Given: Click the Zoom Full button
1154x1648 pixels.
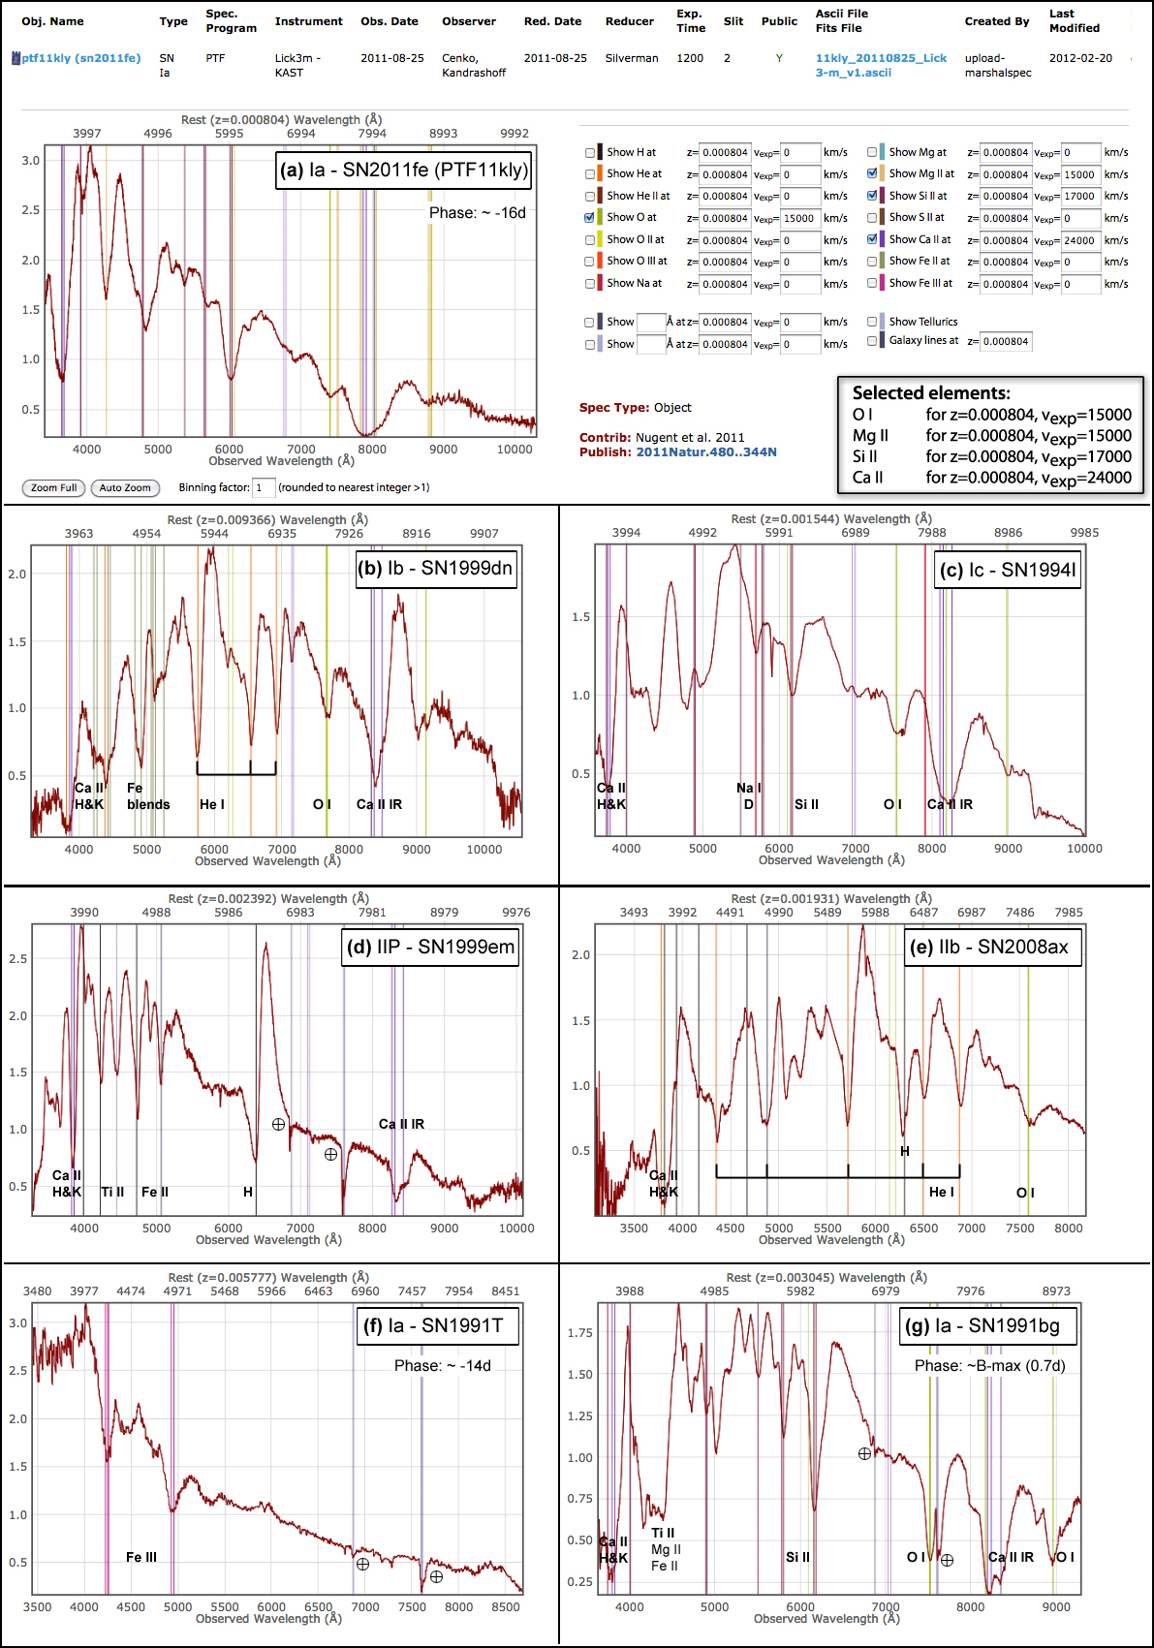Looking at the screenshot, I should tap(53, 487).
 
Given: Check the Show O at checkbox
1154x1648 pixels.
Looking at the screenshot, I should tap(590, 218).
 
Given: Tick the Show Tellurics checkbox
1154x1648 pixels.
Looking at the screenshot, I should tap(872, 322).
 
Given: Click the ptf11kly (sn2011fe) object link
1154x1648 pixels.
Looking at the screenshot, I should tap(81, 58).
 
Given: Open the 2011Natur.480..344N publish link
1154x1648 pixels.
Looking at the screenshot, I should tap(706, 452).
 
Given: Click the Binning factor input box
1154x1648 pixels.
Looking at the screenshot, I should tap(263, 487).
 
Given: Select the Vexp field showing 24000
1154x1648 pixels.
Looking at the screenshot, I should tap(1080, 240).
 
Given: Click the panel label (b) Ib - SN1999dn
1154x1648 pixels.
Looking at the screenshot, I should tap(435, 569).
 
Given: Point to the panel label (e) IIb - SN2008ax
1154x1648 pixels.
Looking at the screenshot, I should tap(993, 947).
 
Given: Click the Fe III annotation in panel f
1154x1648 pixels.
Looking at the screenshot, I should tap(141, 1557).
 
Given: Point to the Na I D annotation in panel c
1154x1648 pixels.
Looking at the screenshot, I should tap(748, 795).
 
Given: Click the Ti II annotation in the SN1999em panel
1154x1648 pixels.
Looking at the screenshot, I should tap(112, 1192).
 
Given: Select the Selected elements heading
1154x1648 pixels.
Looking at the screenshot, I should tap(931, 393).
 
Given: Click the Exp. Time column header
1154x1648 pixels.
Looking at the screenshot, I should tap(690, 20).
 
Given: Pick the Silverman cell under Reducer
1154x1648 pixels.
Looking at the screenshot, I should tap(632, 58).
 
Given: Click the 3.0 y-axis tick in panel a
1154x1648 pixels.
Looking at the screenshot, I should tap(31, 161).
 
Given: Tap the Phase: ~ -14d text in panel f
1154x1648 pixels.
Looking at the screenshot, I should tap(442, 1365).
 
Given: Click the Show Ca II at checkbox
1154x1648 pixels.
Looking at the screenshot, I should tap(872, 239).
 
